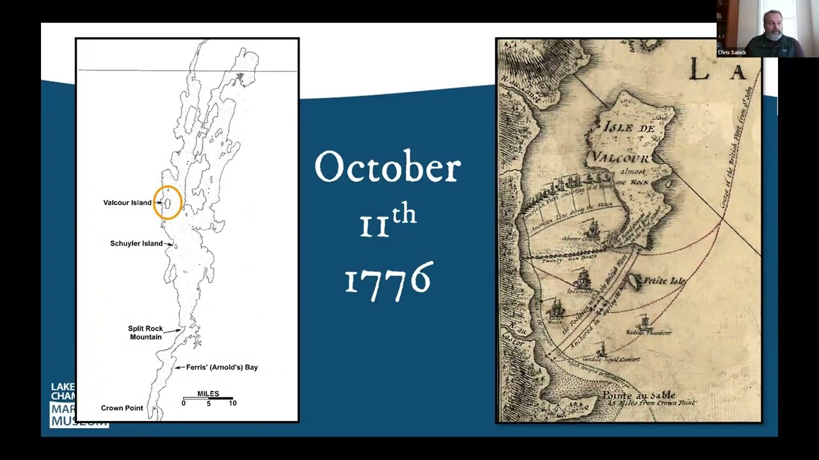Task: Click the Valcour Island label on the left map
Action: [x=127, y=203]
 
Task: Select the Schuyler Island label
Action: [x=136, y=243]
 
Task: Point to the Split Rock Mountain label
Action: [x=146, y=332]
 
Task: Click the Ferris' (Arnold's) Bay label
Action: [x=221, y=367]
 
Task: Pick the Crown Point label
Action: [x=122, y=408]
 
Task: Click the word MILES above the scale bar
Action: [x=208, y=394]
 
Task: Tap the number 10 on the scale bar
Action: [x=232, y=403]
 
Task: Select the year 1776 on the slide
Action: [x=388, y=280]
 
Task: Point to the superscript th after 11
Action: [x=404, y=214]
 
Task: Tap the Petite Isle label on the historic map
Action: [x=664, y=280]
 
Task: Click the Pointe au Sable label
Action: [x=639, y=395]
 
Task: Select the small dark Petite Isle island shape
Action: [x=634, y=282]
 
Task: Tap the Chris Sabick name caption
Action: [x=732, y=52]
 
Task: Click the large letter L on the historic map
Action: [x=699, y=70]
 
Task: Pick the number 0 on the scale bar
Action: [x=184, y=403]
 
